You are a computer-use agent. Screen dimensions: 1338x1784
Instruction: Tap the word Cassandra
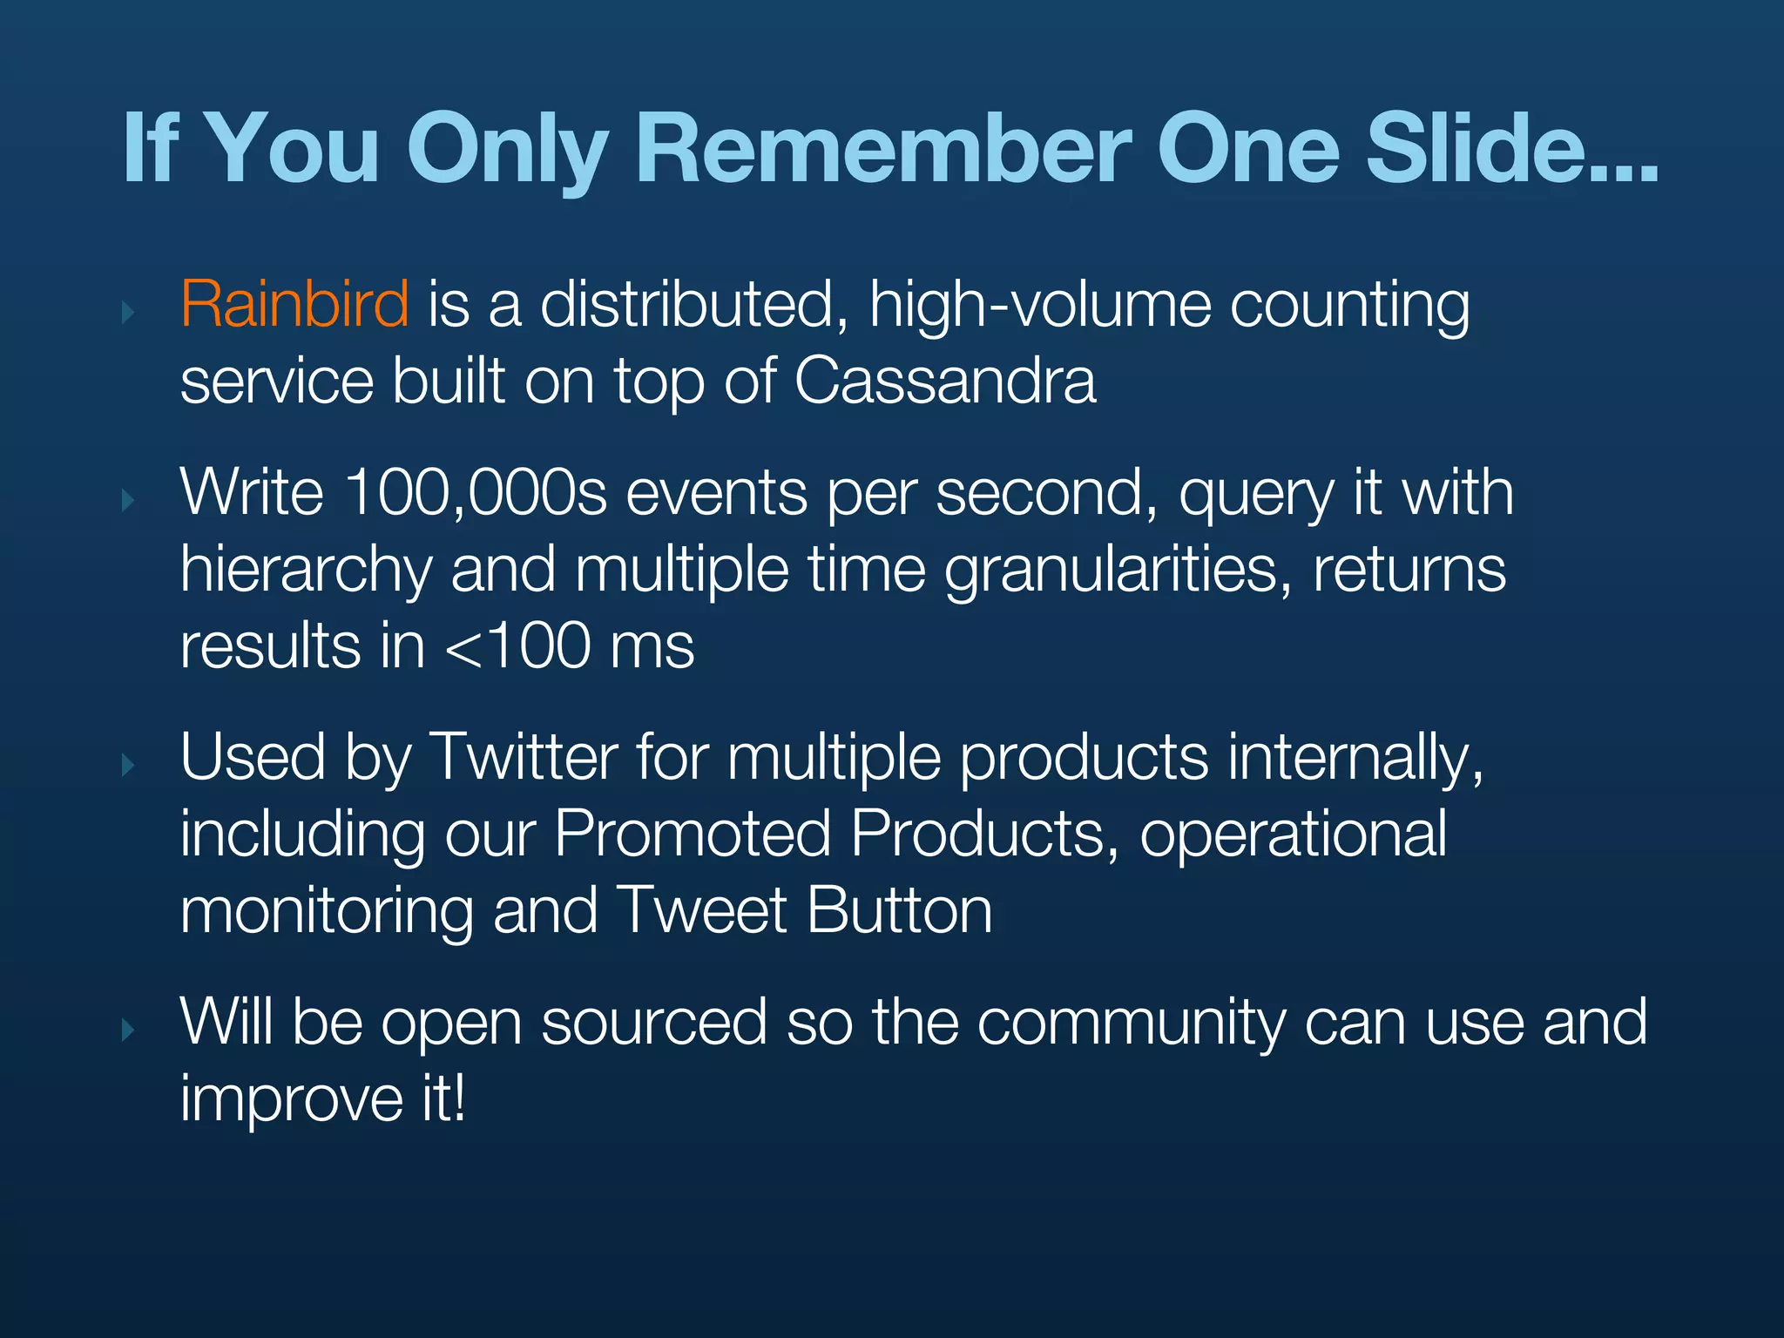tap(945, 381)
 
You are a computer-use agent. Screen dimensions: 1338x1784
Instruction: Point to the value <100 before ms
tap(517, 646)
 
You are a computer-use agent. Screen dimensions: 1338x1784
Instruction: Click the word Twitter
tap(524, 757)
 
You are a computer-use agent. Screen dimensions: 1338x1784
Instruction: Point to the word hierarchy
tap(307, 571)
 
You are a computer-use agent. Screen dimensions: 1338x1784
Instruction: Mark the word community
tap(1131, 1023)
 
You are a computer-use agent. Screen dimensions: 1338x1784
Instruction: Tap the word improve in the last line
tap(292, 1099)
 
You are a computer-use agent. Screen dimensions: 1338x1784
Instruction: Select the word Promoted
tap(693, 834)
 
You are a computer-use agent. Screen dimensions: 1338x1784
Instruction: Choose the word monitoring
tap(327, 912)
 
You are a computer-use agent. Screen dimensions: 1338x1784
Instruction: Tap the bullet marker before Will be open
tap(129, 1031)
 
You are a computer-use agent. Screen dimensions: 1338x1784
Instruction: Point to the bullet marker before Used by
tap(129, 766)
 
